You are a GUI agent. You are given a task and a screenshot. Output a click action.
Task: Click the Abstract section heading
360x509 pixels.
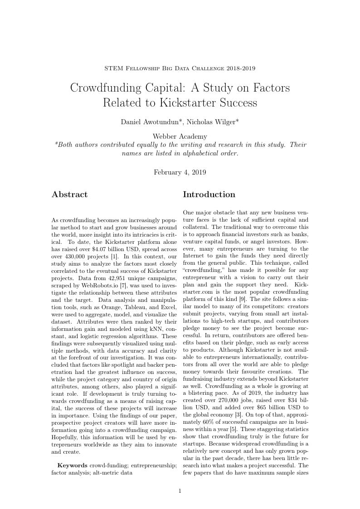[69, 194]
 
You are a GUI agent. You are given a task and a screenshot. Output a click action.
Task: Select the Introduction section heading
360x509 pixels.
[209, 194]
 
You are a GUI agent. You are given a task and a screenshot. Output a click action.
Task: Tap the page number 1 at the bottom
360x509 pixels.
[180, 490]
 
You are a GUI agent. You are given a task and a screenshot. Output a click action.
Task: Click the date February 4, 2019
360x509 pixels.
[180, 172]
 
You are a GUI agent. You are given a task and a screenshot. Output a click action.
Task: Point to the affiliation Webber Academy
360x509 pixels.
[180, 136]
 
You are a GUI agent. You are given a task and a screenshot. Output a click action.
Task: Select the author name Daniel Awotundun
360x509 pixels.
[150, 122]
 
